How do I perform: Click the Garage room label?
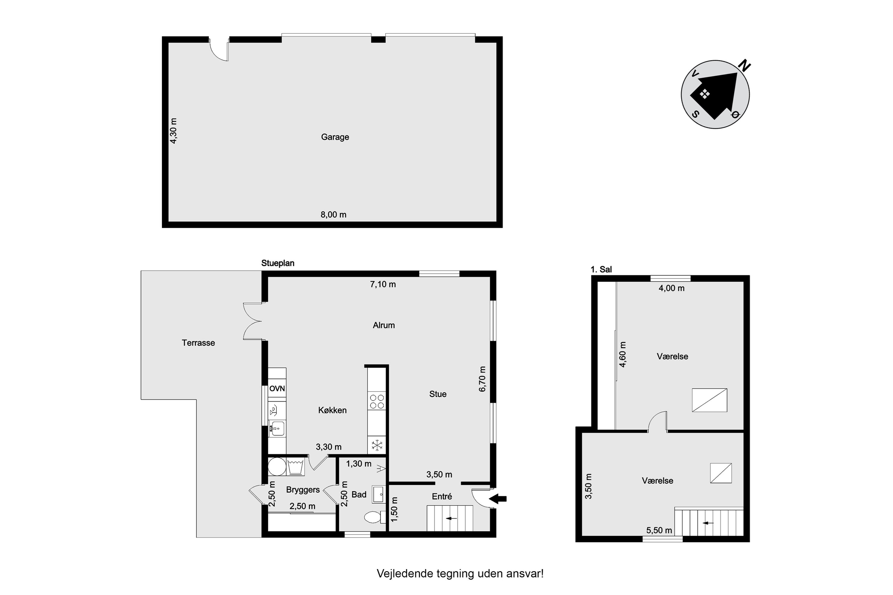pyautogui.click(x=335, y=137)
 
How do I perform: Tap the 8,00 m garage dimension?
pyautogui.click(x=333, y=214)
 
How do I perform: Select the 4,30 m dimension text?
pyautogui.click(x=173, y=131)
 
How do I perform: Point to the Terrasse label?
pyautogui.click(x=198, y=343)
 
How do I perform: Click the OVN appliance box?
pyautogui.click(x=277, y=388)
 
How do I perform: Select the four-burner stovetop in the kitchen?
pyautogui.click(x=377, y=401)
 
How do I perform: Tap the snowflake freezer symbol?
pyautogui.click(x=377, y=445)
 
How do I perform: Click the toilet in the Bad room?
pyautogui.click(x=374, y=517)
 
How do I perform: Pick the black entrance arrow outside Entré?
pyautogui.click(x=498, y=499)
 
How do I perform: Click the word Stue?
pyautogui.click(x=438, y=394)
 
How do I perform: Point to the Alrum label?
pyautogui.click(x=384, y=325)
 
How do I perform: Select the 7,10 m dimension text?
pyautogui.click(x=383, y=284)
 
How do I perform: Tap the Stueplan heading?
pyautogui.click(x=277, y=263)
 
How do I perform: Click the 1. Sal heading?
pyautogui.click(x=601, y=270)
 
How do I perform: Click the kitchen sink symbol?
pyautogui.click(x=277, y=429)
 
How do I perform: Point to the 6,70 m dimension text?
pyautogui.click(x=482, y=379)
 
